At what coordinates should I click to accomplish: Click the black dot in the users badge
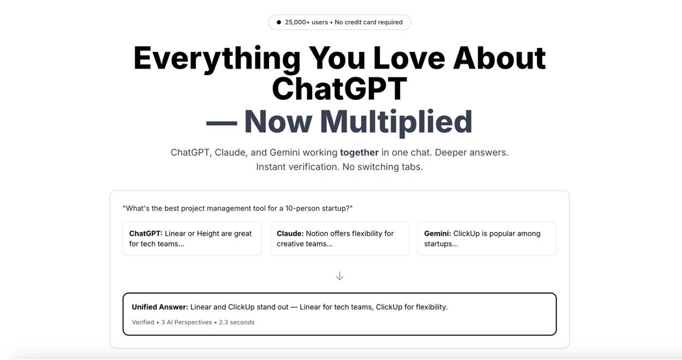tap(279, 22)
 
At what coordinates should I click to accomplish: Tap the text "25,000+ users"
tap(306, 22)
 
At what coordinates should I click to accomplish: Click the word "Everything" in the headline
tap(217, 57)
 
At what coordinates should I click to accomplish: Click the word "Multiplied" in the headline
tap(396, 121)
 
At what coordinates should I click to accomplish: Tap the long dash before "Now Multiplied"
tap(221, 122)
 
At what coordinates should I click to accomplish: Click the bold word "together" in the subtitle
tap(359, 152)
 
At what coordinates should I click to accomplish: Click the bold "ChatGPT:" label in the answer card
tap(146, 233)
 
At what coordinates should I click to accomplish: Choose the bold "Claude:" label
tap(290, 233)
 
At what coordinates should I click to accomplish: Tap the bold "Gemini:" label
tap(437, 233)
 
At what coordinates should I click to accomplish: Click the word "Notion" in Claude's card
tap(318, 233)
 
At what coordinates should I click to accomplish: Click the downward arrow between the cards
tap(339, 276)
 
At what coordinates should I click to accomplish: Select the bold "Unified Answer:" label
tap(160, 307)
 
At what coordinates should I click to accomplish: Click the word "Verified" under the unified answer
tap(143, 322)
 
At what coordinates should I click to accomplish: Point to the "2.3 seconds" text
tap(237, 322)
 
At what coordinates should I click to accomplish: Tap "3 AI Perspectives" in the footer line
tap(187, 322)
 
